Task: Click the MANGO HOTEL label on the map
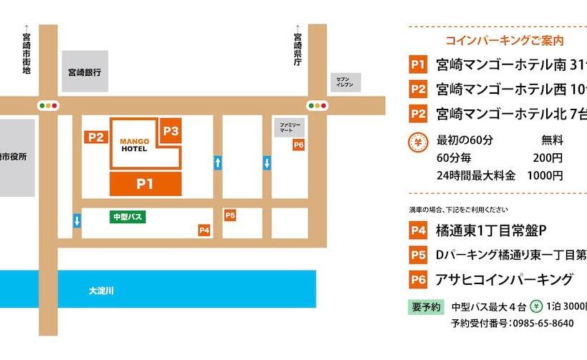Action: click(135, 145)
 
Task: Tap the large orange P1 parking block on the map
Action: click(145, 184)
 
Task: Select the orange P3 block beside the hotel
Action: click(170, 131)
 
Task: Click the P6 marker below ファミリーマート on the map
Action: click(299, 145)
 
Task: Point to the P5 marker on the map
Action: click(230, 215)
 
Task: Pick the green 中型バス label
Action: click(128, 215)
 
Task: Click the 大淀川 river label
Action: click(102, 291)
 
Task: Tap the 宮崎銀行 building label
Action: click(84, 72)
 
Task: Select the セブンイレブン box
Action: click(345, 82)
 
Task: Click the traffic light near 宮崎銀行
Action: click(48, 106)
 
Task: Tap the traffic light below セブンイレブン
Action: click(316, 106)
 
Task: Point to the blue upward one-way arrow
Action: click(218, 163)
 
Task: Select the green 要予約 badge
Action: click(425, 306)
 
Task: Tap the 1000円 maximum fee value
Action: click(545, 175)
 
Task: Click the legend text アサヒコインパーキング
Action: click(505, 279)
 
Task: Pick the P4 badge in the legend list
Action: click(418, 231)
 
